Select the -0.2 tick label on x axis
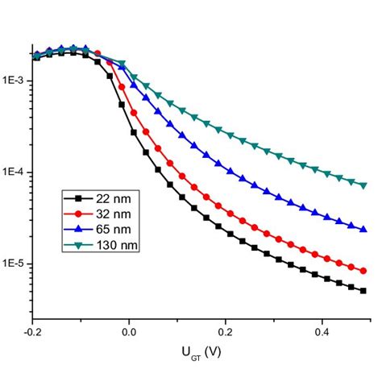(x=32, y=331)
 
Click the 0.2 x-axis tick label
(x=226, y=331)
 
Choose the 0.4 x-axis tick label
(x=322, y=331)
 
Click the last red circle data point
(x=363, y=271)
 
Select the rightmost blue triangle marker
(x=363, y=229)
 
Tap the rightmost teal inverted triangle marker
(x=363, y=185)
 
